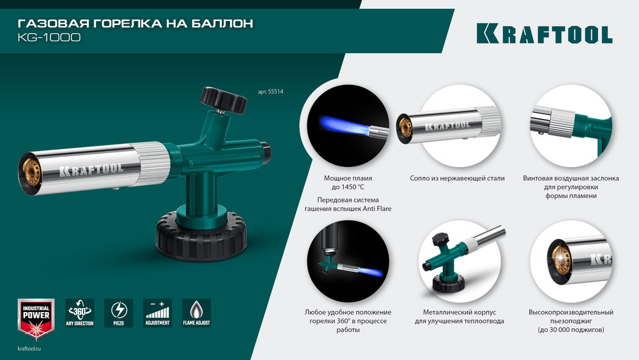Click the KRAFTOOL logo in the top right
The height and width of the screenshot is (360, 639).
[544, 34]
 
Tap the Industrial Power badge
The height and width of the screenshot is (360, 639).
[36, 318]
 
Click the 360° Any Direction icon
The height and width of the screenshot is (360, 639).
[80, 313]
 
